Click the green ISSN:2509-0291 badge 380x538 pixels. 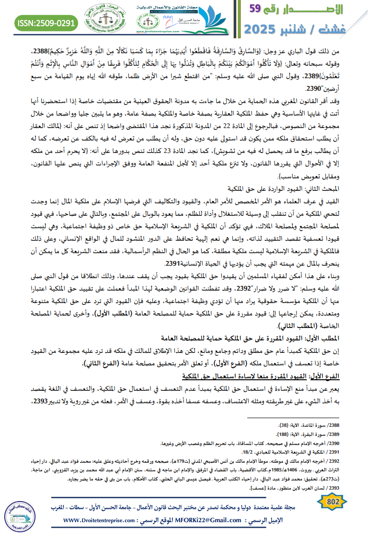coord(46,23)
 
